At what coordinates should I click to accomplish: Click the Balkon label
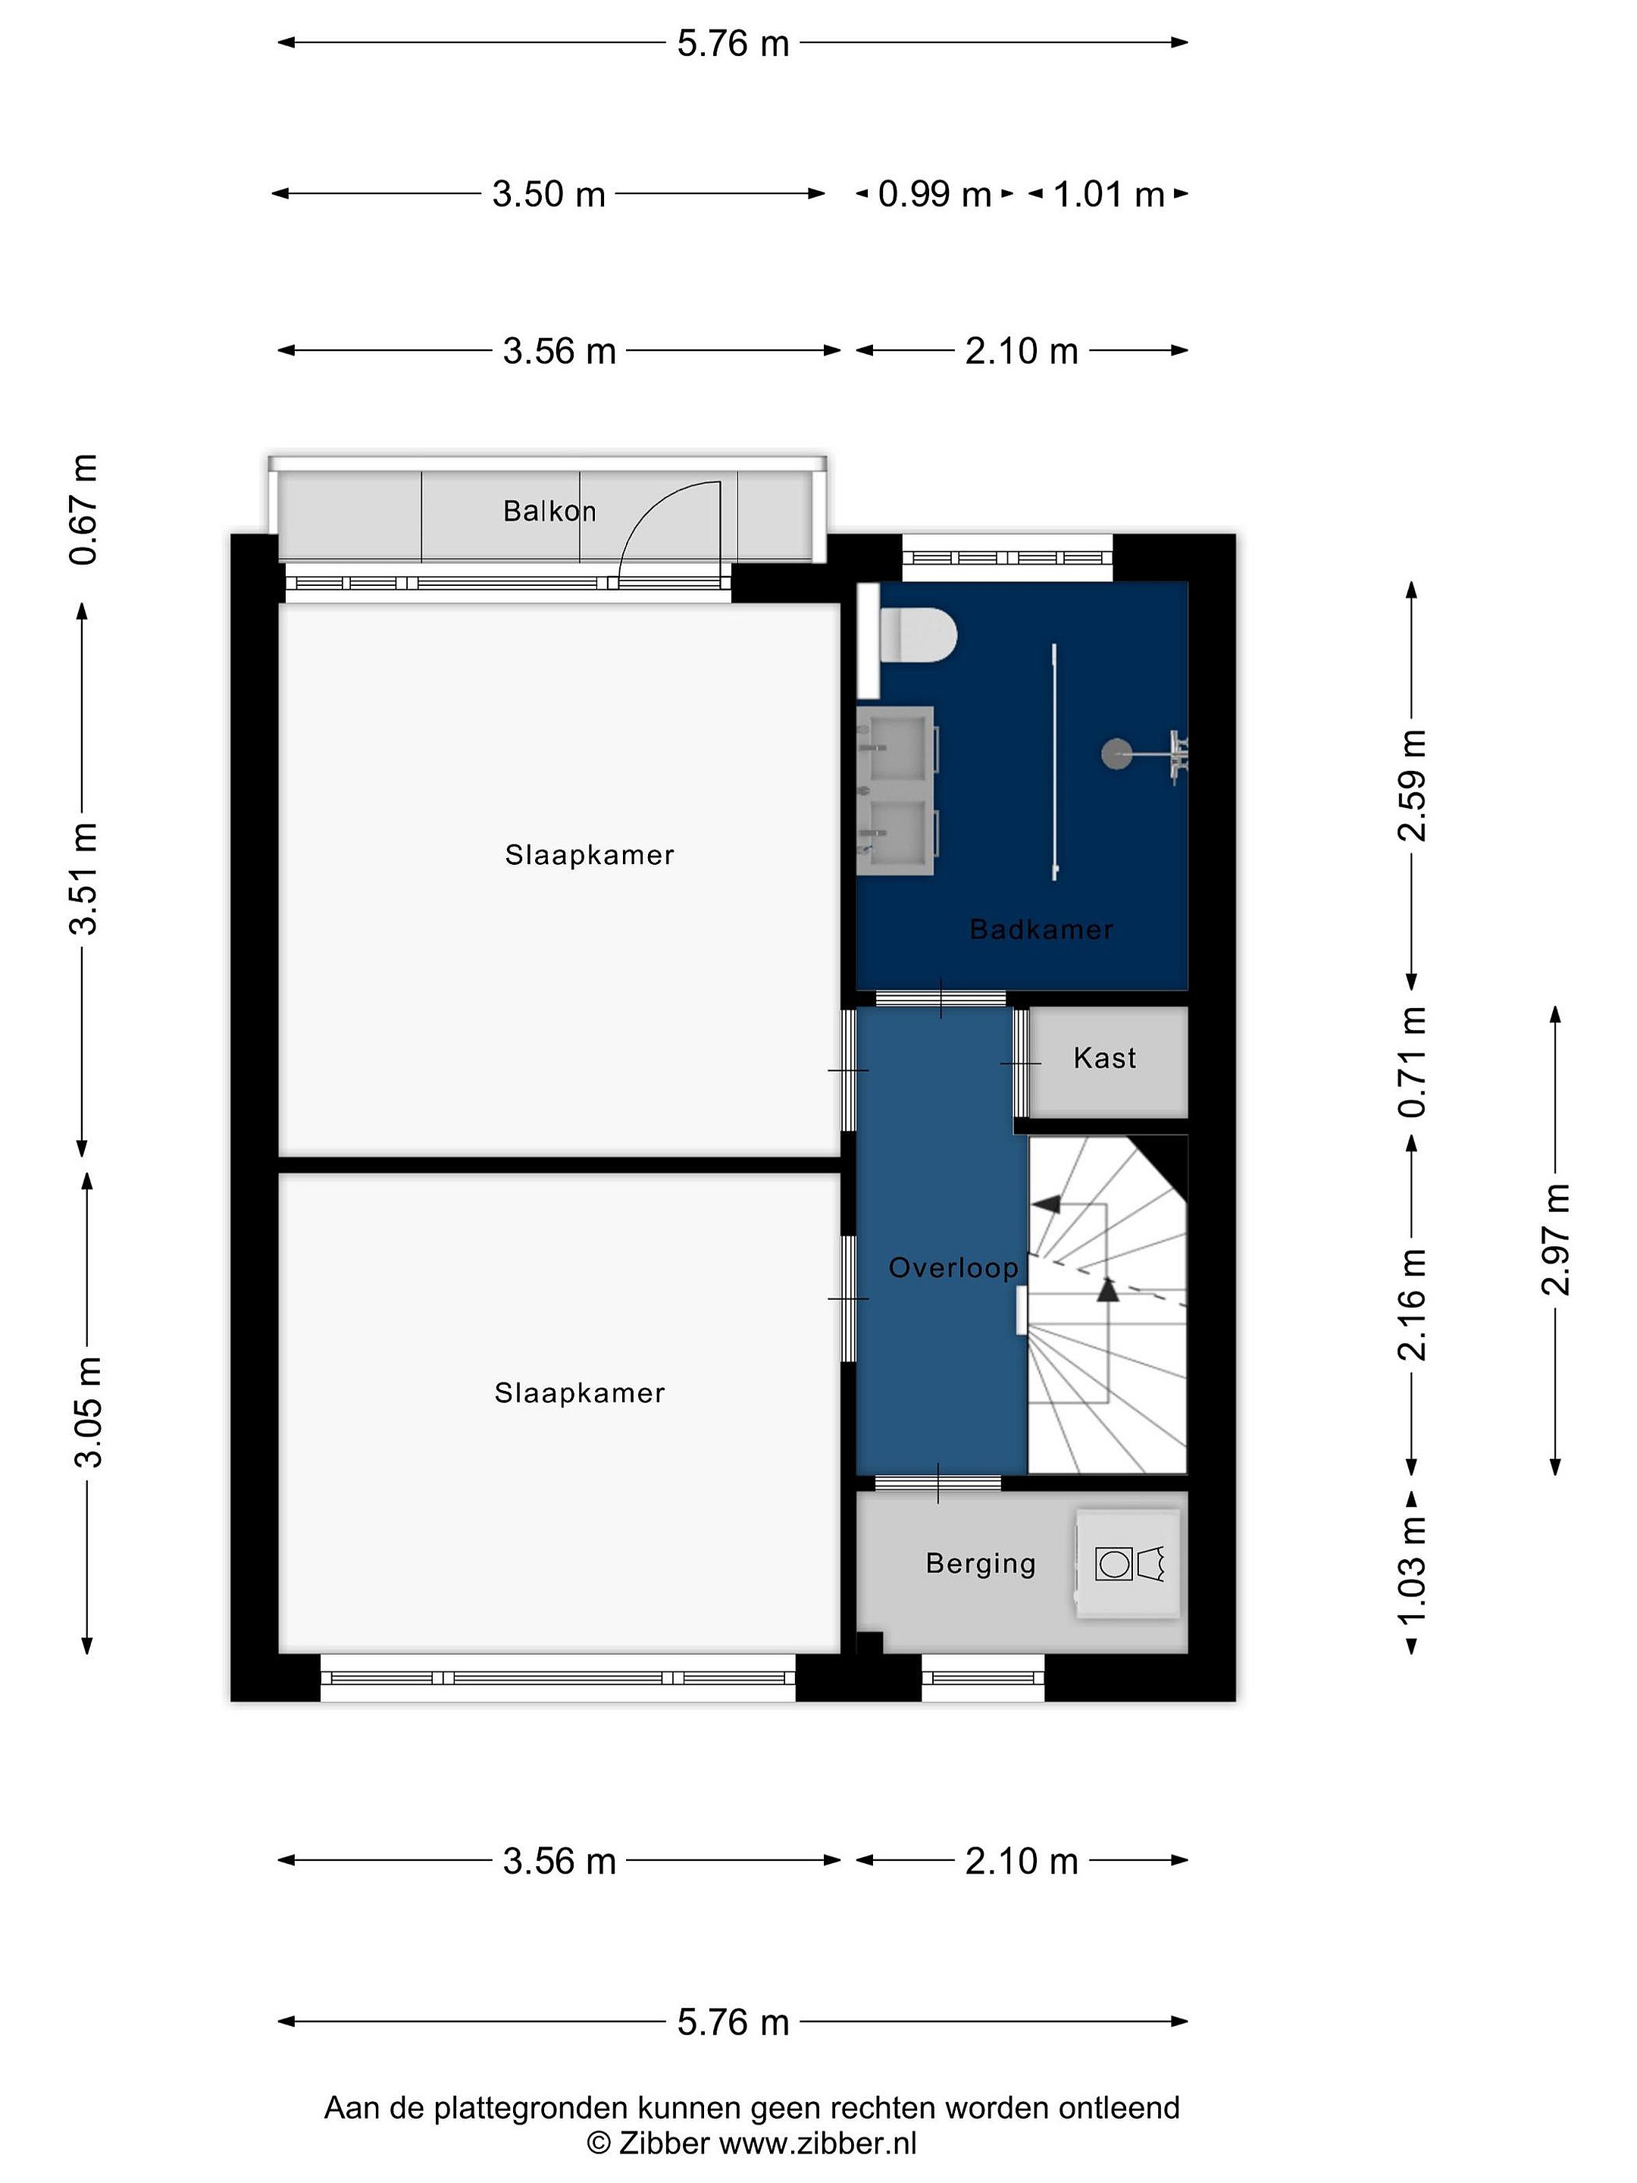(549, 511)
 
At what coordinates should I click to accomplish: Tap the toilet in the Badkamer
(918, 634)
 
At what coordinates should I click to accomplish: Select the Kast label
(1104, 1058)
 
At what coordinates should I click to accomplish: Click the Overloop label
(953, 1267)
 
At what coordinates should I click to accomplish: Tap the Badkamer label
(1041, 929)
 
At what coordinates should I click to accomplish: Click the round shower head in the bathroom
(1116, 754)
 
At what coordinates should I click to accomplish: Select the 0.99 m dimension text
(934, 194)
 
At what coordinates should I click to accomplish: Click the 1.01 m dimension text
(1109, 194)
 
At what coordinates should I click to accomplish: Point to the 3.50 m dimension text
(549, 194)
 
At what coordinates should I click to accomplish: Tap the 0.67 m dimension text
(85, 509)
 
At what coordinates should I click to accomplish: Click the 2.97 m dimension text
(1555, 1239)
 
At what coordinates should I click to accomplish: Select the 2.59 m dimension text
(1412, 785)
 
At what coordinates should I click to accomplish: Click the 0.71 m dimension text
(1412, 1062)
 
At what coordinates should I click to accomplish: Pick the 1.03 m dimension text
(1412, 1572)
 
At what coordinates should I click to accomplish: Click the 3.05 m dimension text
(88, 1411)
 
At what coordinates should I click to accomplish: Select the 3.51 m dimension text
(85, 879)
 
